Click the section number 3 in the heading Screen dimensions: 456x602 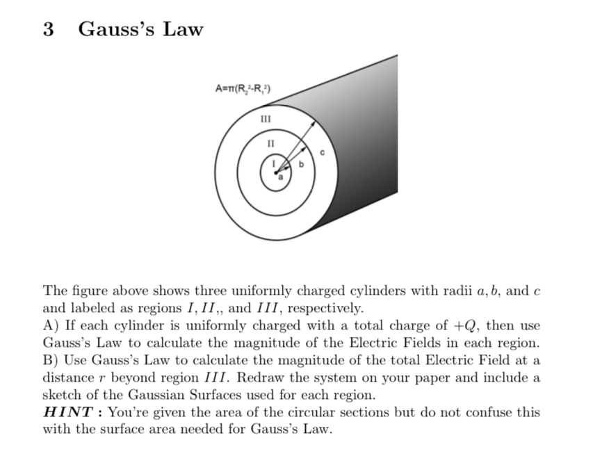click(48, 29)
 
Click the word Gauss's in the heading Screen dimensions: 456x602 click(111, 29)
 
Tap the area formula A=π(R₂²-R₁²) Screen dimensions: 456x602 click(243, 88)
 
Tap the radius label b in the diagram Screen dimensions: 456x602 click(301, 165)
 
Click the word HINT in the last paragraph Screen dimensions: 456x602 click(69, 412)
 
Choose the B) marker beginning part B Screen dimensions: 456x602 click(50, 361)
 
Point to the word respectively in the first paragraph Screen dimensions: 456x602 click(324, 308)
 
